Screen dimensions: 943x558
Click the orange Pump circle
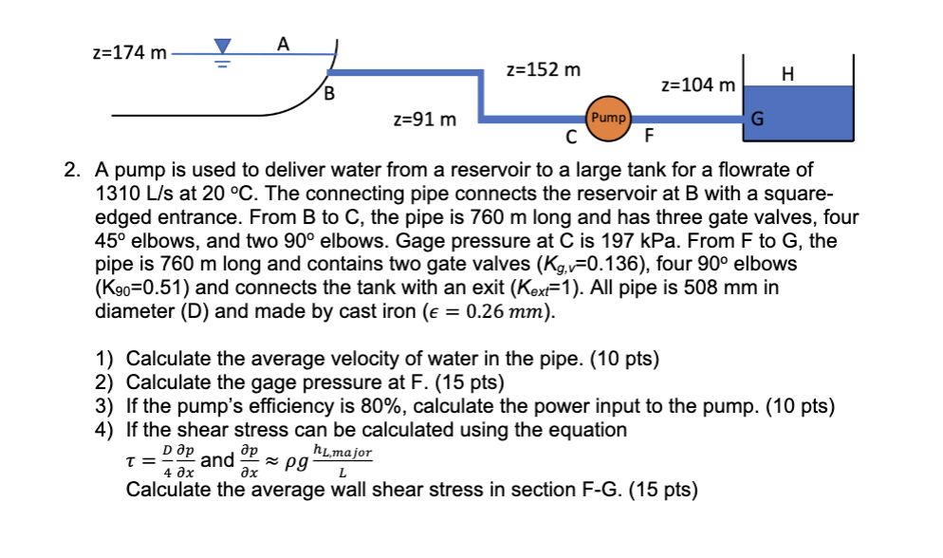(608, 118)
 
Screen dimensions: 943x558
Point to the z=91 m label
(424, 120)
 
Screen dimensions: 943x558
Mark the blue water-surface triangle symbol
(223, 46)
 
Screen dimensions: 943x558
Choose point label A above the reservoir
(283, 41)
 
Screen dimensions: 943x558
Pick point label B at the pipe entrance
(329, 93)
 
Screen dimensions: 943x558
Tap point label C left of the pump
(570, 137)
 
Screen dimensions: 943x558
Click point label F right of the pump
(649, 137)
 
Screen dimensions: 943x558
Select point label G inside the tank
(757, 120)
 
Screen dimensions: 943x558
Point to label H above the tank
(786, 72)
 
